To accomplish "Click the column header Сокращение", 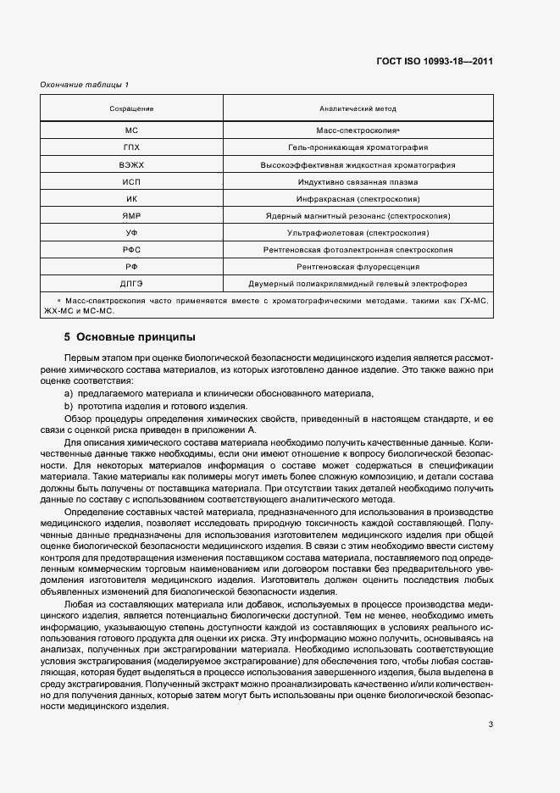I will tap(131, 109).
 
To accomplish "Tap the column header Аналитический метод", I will tap(358, 109).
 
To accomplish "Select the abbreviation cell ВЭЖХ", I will tap(131, 166).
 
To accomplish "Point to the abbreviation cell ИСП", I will tap(131, 182).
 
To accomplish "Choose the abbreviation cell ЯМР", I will tap(131, 216).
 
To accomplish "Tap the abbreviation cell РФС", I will tap(131, 250).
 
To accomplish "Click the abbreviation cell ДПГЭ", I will tap(131, 283).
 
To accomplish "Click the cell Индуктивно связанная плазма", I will tap(358, 182).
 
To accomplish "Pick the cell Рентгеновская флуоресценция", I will tap(358, 266).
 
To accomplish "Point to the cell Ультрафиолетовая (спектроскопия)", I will tap(358, 233).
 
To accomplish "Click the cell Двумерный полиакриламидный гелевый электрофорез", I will tap(358, 283).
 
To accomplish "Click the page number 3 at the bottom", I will tap(491, 724).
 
